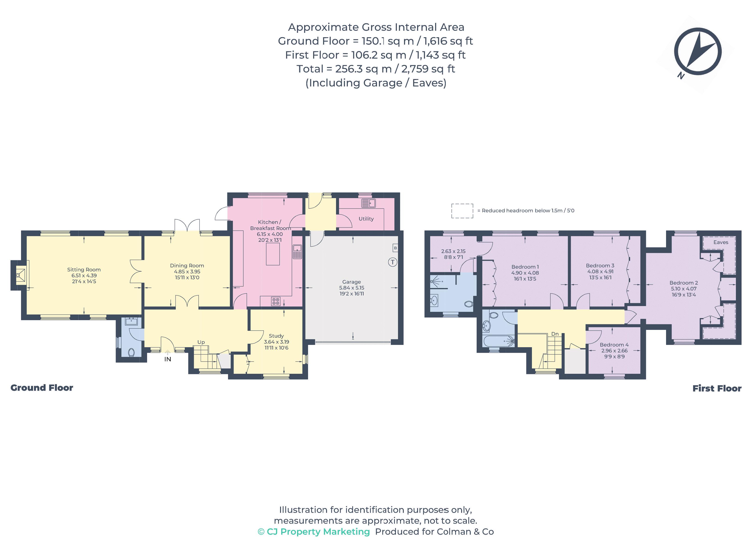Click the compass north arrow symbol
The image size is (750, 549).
pyautogui.click(x=698, y=52)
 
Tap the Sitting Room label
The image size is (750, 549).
pyautogui.click(x=84, y=270)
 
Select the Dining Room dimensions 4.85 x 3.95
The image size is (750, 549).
pyautogui.click(x=187, y=272)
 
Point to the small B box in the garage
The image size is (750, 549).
pyautogui.click(x=395, y=248)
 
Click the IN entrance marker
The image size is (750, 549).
pyautogui.click(x=167, y=359)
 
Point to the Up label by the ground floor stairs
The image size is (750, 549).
pyautogui.click(x=201, y=342)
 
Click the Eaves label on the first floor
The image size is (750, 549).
pyautogui.click(x=720, y=242)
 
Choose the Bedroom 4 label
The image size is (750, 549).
pyautogui.click(x=614, y=345)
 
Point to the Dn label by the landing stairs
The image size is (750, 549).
pyautogui.click(x=555, y=334)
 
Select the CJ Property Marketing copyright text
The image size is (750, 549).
pyautogui.click(x=314, y=532)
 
